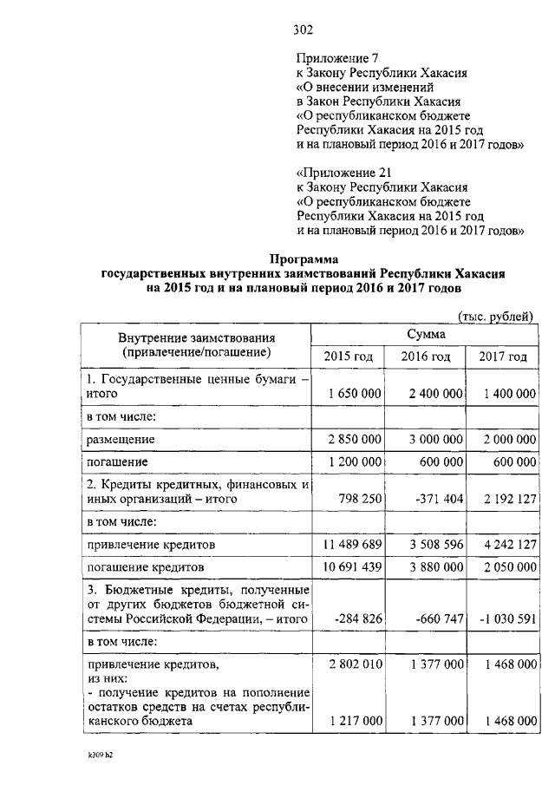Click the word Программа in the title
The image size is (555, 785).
(303, 258)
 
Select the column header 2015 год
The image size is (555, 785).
(349, 357)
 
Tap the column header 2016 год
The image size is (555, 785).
(426, 357)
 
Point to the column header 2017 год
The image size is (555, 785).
(503, 357)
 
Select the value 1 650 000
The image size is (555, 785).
(351, 394)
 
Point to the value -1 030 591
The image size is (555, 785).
(506, 618)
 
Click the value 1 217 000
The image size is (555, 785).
(351, 721)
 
